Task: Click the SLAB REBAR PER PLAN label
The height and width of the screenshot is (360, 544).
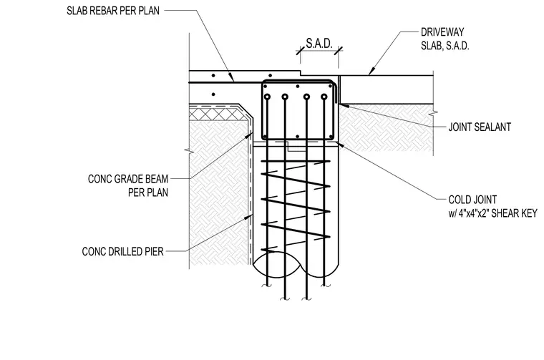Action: (x=113, y=11)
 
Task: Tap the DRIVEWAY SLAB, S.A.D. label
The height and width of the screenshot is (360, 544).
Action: (x=445, y=39)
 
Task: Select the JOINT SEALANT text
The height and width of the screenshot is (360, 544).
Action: (x=480, y=127)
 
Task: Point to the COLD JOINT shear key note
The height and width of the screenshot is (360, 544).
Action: (x=492, y=206)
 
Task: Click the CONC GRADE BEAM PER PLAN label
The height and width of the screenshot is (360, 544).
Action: (x=128, y=185)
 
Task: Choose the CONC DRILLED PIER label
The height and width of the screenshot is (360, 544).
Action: (x=122, y=251)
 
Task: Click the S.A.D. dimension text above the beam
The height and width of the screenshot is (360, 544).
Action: (x=319, y=44)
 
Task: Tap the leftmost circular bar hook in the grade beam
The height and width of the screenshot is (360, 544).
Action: (x=267, y=97)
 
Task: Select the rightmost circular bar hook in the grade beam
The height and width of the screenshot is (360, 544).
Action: (x=324, y=97)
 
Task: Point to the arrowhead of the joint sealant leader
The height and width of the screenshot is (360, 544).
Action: (x=342, y=105)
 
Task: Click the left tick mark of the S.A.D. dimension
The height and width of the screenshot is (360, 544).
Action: (x=300, y=51)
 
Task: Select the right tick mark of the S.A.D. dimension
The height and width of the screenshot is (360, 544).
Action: (x=339, y=51)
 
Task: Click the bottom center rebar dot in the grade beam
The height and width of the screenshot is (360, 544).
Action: (x=298, y=137)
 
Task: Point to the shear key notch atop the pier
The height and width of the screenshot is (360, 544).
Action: (x=295, y=146)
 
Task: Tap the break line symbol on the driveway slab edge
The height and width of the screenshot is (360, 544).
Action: (x=434, y=113)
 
